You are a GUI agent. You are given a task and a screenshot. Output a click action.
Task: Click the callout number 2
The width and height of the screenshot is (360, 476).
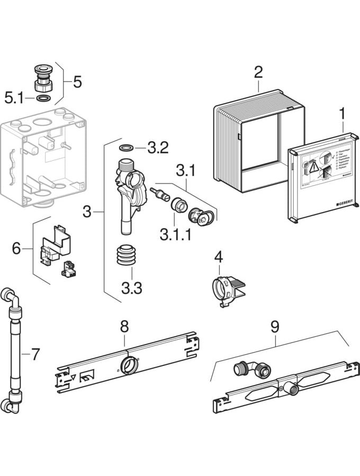pos(258,72)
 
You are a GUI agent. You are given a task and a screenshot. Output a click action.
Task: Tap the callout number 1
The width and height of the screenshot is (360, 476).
pos(342,113)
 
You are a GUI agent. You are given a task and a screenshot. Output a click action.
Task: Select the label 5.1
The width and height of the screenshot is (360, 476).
pos(14,97)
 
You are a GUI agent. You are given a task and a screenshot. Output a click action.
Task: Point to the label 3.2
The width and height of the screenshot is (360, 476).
pos(158,148)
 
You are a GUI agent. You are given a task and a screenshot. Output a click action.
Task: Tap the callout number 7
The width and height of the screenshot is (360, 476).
pos(35,354)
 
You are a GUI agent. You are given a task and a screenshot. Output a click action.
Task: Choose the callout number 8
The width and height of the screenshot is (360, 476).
pos(124,326)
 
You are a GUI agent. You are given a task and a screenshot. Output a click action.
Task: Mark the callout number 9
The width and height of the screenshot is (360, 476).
pos(274,326)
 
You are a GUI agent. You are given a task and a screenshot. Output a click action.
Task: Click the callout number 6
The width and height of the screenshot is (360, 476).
pos(17,248)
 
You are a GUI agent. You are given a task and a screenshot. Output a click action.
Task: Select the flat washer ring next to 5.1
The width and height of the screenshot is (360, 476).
pos(44,98)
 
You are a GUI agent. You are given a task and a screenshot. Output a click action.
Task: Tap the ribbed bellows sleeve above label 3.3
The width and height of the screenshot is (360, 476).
pos(127,258)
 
